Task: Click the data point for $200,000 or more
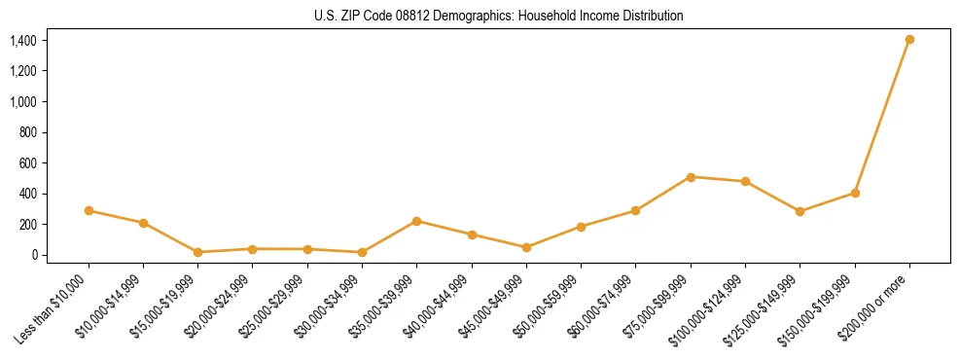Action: pos(909,40)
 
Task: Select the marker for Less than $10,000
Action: pos(89,210)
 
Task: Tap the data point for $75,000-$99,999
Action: pos(691,177)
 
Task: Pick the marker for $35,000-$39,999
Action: pos(416,221)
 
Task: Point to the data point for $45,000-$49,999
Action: pos(526,247)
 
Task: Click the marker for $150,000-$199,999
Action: pos(855,193)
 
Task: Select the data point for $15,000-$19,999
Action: pos(197,252)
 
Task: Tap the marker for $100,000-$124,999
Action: pos(745,181)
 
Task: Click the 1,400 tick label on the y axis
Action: pos(22,41)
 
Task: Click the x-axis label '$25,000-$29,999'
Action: pos(271,306)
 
